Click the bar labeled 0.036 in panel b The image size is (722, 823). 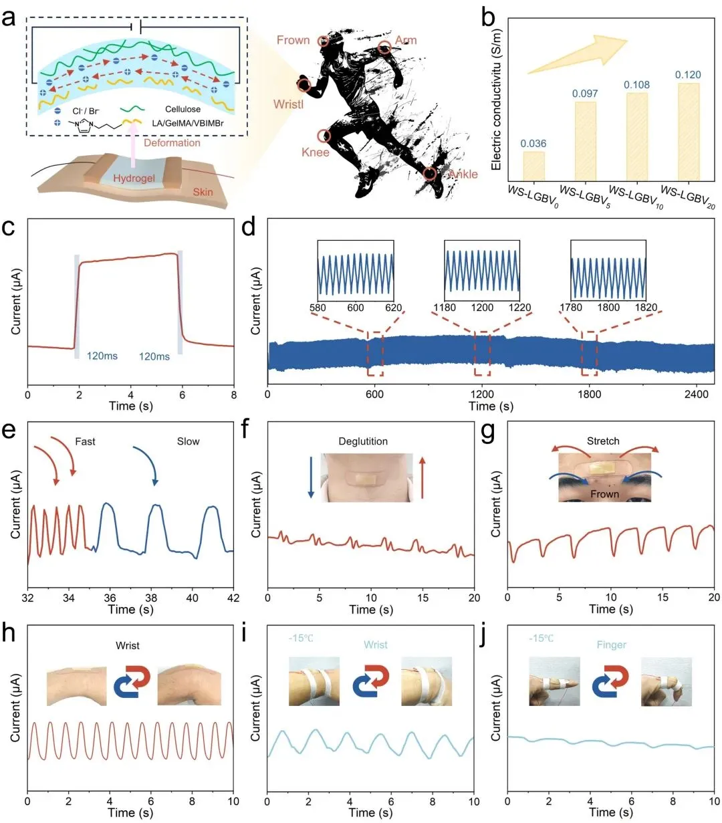click(x=533, y=166)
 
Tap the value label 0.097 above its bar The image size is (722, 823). click(x=585, y=94)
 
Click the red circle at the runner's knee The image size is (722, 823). click(x=324, y=136)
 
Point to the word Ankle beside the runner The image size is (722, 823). click(x=463, y=174)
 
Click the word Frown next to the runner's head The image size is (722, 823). click(x=293, y=40)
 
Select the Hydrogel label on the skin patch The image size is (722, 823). click(x=134, y=179)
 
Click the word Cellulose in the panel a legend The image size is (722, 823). click(x=183, y=109)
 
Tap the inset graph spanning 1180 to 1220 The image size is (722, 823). click(x=481, y=269)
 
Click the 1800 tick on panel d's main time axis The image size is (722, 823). click(x=589, y=394)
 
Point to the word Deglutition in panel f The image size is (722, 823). click(x=363, y=441)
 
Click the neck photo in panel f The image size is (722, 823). click(x=363, y=478)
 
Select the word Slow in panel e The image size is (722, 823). click(x=188, y=441)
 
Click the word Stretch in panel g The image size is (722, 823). click(x=603, y=441)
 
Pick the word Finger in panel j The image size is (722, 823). click(x=611, y=645)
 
